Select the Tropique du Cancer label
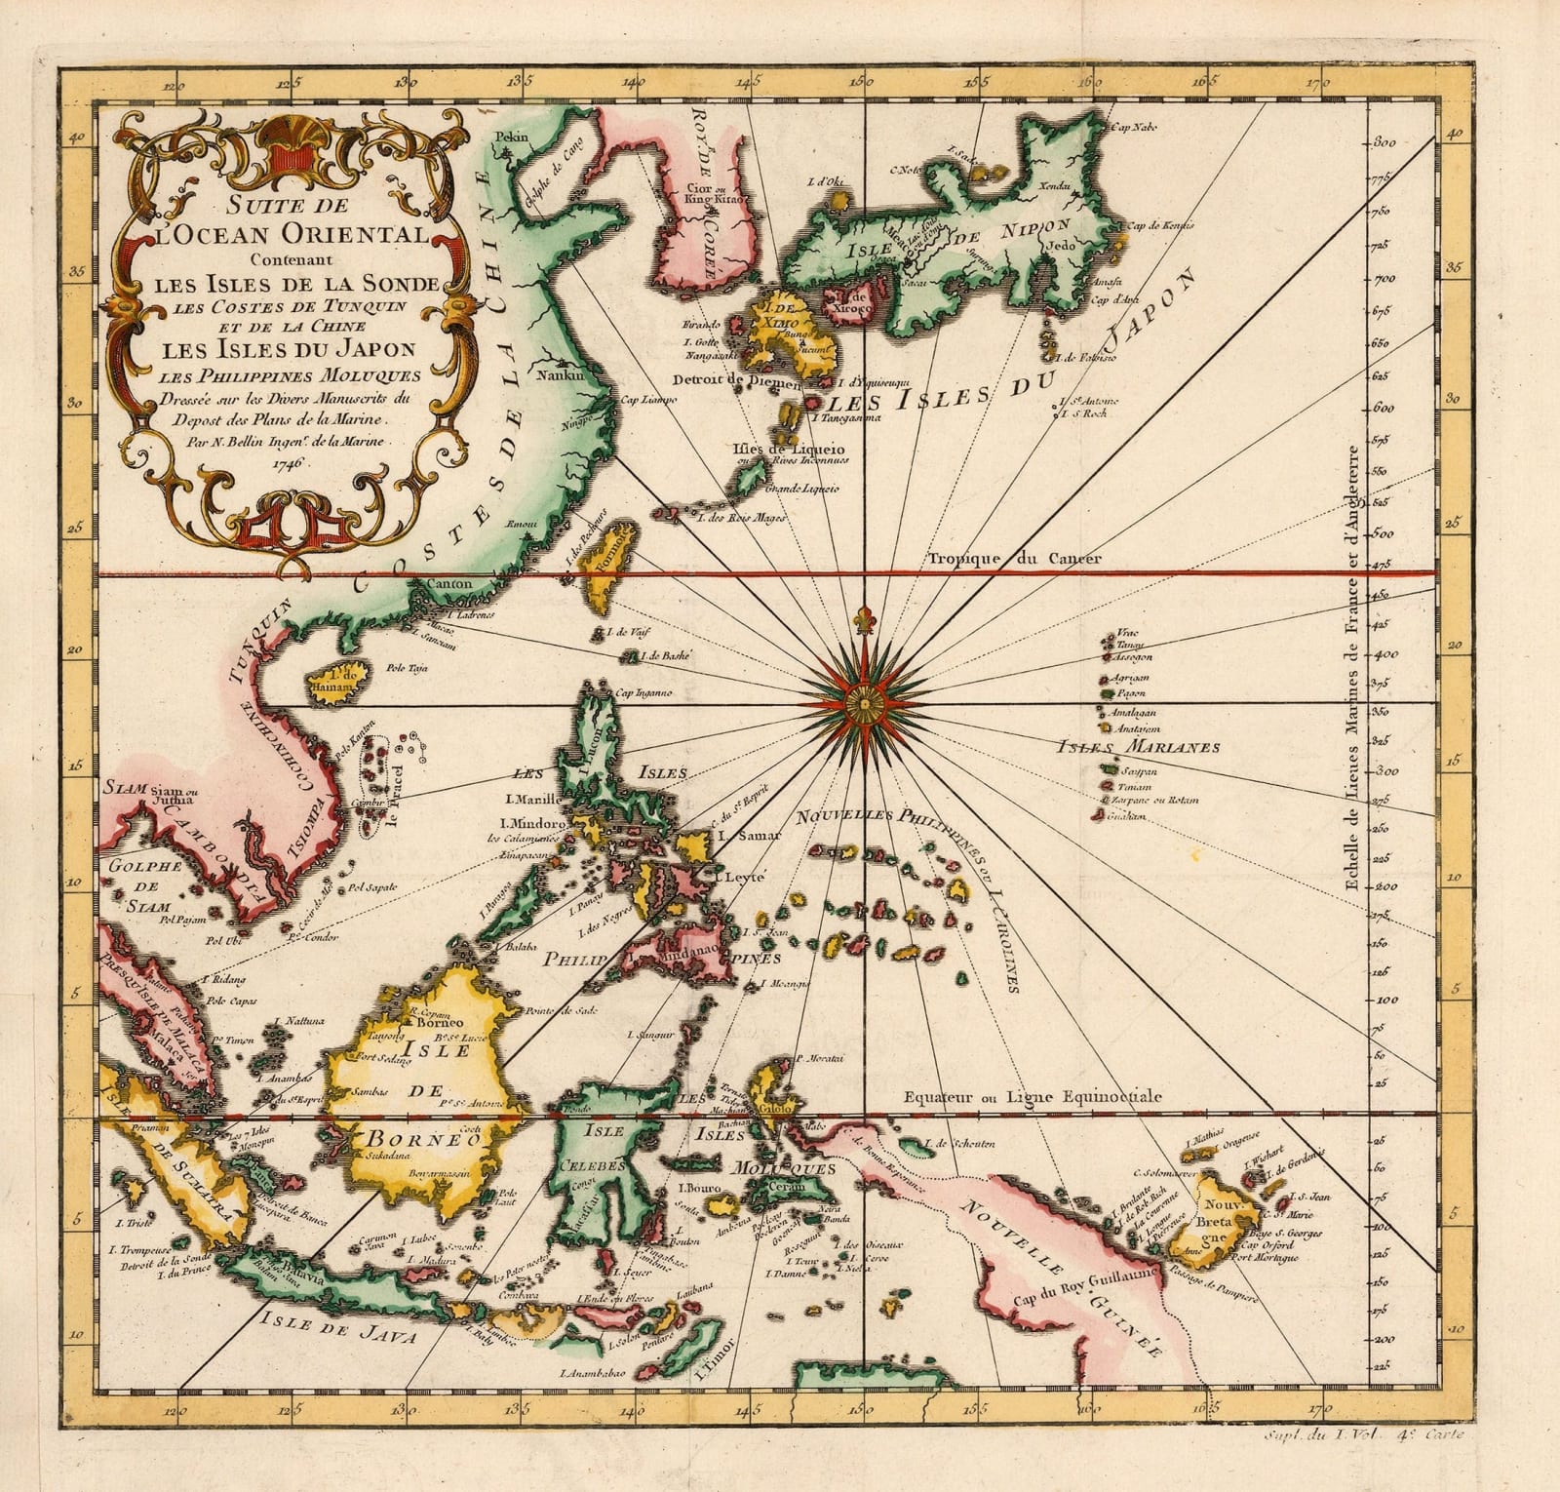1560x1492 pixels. coord(1014,559)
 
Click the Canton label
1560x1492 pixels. coord(448,584)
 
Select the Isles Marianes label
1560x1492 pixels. coord(1139,748)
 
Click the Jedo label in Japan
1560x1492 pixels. coord(1061,246)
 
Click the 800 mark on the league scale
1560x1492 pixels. coord(1385,143)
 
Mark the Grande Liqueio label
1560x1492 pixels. coord(803,488)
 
